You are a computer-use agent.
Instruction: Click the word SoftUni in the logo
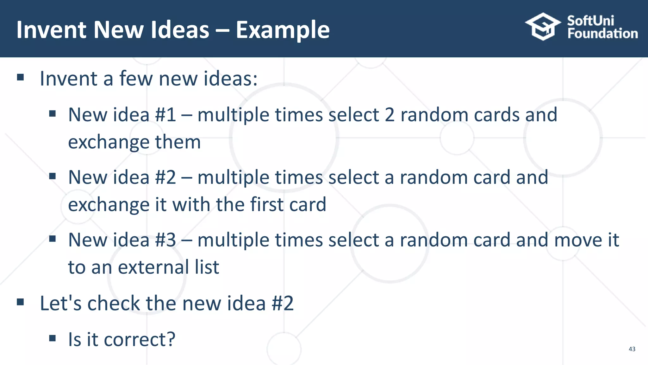pyautogui.click(x=590, y=21)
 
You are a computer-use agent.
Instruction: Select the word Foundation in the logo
pyautogui.click(x=602, y=34)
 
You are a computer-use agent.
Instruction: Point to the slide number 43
pyautogui.click(x=632, y=349)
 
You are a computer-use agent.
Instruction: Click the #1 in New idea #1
pyautogui.click(x=165, y=115)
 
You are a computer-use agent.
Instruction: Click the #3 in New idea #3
pyautogui.click(x=165, y=240)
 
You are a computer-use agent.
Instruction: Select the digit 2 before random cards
pyautogui.click(x=389, y=115)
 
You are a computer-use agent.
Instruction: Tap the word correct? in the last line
pyautogui.click(x=139, y=340)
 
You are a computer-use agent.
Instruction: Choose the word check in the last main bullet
pyautogui.click(x=113, y=303)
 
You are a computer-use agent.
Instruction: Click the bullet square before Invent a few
pyautogui.click(x=21, y=77)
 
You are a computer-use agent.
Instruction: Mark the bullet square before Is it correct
pyautogui.click(x=53, y=338)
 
